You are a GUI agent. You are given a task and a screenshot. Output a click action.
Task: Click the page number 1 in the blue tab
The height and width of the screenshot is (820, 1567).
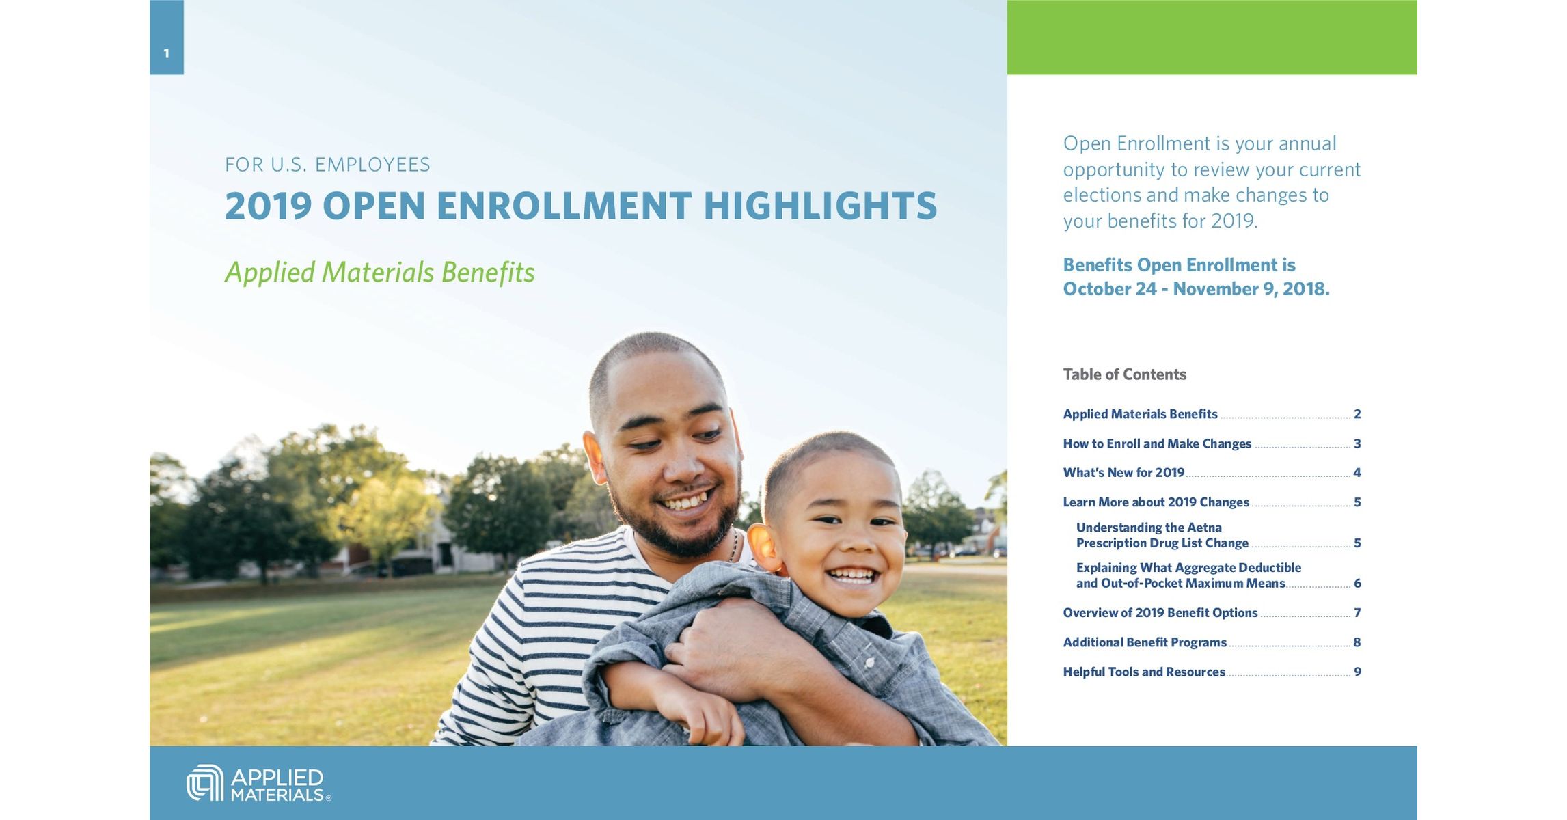(x=166, y=53)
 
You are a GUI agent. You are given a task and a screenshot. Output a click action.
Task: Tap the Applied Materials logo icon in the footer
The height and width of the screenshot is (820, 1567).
(x=204, y=782)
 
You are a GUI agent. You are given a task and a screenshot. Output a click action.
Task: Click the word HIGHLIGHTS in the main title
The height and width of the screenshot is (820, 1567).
(x=820, y=206)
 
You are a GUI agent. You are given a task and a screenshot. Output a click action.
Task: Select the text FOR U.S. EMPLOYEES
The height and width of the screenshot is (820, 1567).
(x=327, y=165)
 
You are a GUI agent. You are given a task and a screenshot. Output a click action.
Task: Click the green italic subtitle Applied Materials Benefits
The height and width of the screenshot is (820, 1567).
(x=379, y=272)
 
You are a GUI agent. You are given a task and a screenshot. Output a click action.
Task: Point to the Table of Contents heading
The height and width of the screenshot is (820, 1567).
(x=1124, y=374)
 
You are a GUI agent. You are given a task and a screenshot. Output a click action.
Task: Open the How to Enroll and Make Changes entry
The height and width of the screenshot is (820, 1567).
(x=1156, y=444)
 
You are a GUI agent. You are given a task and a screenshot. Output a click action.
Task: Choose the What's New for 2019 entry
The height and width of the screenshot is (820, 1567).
(x=1123, y=473)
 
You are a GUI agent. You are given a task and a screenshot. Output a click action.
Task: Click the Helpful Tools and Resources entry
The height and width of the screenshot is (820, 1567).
(x=1143, y=672)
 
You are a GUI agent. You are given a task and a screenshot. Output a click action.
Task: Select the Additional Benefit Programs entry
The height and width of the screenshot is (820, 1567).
(x=1144, y=642)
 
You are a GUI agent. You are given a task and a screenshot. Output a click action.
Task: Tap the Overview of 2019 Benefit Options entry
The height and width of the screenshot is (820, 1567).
(x=1160, y=613)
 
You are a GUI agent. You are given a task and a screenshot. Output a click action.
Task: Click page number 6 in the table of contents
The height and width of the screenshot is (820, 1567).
(x=1357, y=584)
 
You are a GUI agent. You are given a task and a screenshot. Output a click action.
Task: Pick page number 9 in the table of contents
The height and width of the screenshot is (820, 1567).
(x=1357, y=672)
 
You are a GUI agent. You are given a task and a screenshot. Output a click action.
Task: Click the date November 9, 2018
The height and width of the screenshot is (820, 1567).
(x=1251, y=289)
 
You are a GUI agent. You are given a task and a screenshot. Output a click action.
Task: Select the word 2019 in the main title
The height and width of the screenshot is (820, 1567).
(x=268, y=206)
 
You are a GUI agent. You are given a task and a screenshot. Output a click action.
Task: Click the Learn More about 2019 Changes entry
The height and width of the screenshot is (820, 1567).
(x=1156, y=502)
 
